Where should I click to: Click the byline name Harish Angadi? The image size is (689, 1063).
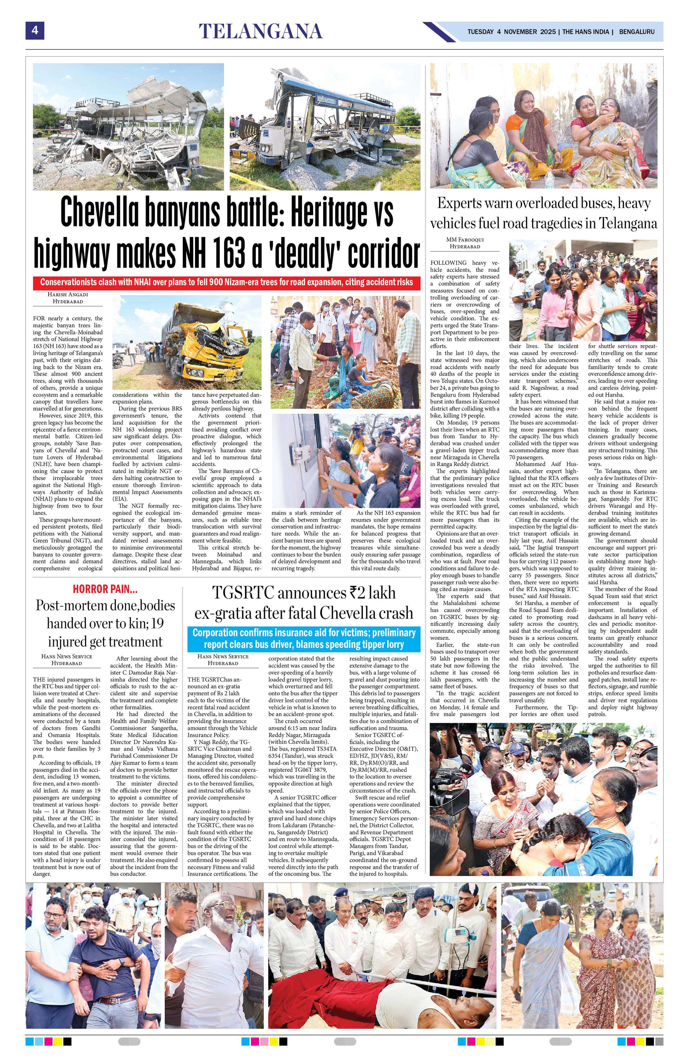[x=68, y=294]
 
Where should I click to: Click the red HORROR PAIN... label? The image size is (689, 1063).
[x=105, y=589]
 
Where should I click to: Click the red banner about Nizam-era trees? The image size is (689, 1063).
[x=227, y=283]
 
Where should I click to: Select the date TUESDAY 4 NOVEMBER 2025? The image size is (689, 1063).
[x=511, y=32]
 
